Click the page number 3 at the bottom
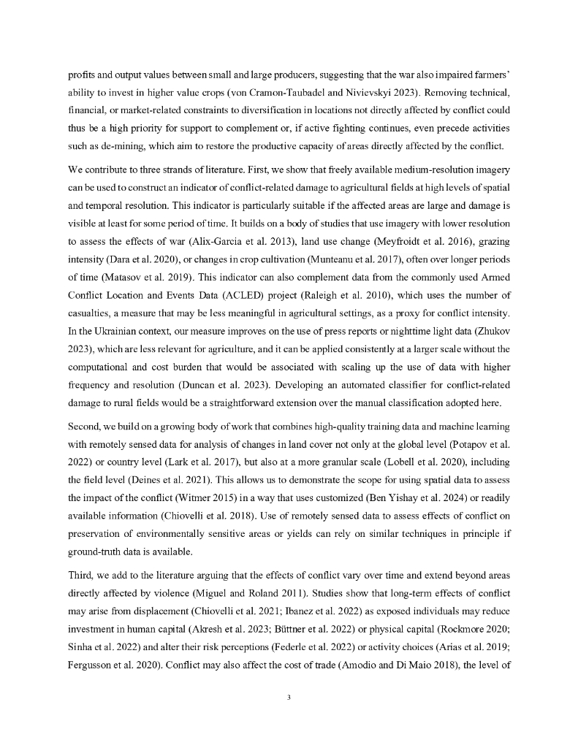tap(289, 698)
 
